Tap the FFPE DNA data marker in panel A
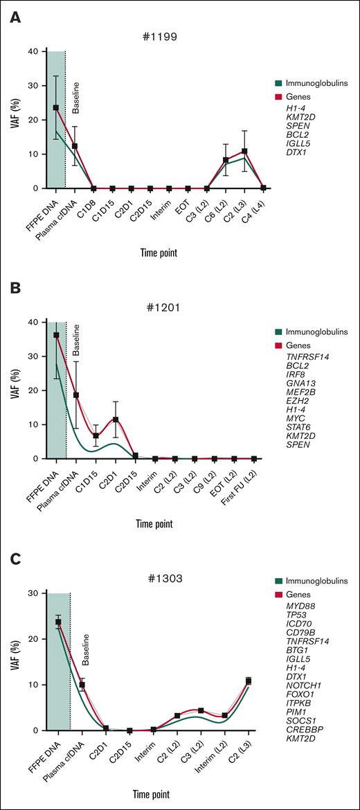click(x=56, y=108)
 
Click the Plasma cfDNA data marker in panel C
click(x=82, y=685)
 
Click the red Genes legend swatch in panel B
click(x=277, y=344)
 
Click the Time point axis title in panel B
click(x=156, y=523)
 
